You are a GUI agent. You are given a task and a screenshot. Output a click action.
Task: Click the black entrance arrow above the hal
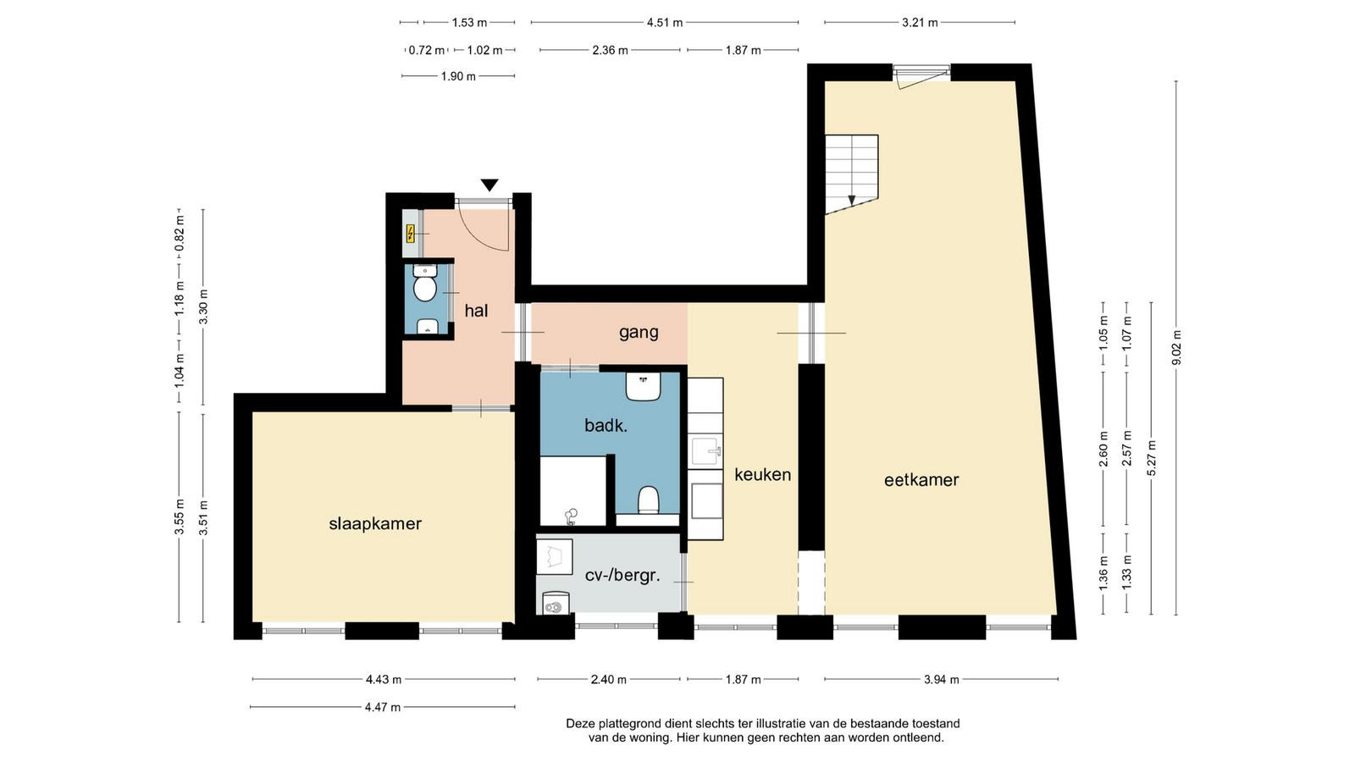point(489,185)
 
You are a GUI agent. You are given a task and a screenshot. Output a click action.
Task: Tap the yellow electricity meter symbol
point(410,234)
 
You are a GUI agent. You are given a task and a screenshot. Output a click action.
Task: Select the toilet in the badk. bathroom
point(648,500)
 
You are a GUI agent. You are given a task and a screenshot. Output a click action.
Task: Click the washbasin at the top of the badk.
point(643,386)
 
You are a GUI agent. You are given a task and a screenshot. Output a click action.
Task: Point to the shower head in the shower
point(570,516)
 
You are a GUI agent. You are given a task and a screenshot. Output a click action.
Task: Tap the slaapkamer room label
point(375,524)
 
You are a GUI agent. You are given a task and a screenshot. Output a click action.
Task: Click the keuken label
point(763,475)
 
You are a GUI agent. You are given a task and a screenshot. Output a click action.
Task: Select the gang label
point(639,333)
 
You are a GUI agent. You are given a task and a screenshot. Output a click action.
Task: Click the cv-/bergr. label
point(622,575)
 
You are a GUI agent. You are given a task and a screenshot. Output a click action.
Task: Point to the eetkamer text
point(921,480)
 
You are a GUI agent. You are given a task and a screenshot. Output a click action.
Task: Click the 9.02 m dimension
point(1176,348)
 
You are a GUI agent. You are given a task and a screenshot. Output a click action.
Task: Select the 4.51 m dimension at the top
point(665,23)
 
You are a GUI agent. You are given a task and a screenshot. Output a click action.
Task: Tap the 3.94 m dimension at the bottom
point(941,679)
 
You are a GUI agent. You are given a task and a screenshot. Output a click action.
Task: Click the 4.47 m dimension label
point(383,707)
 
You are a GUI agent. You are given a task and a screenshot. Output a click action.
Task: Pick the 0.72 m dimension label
point(427,50)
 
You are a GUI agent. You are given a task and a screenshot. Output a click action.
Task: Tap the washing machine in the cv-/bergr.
point(556,603)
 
